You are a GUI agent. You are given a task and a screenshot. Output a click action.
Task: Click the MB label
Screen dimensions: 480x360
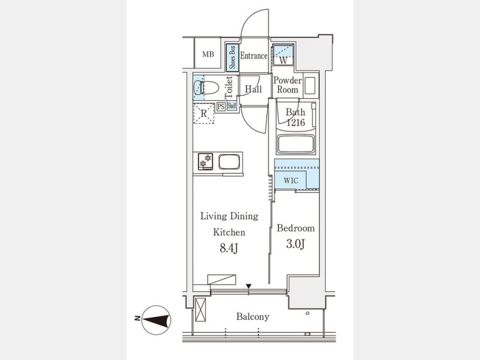tap(208, 54)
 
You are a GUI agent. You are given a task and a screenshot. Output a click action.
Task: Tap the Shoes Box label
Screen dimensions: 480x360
tap(233, 57)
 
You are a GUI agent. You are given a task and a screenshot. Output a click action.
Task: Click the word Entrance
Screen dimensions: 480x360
tap(253, 55)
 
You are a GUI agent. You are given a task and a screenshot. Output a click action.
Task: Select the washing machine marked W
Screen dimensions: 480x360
tap(284, 55)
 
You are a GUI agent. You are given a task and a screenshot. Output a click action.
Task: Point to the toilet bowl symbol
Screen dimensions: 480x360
tap(206, 88)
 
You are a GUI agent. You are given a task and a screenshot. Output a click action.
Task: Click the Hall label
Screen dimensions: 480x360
tap(253, 89)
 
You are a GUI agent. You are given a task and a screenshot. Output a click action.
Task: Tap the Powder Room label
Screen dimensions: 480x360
tap(287, 85)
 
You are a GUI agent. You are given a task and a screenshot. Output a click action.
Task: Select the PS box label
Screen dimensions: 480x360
tap(221, 107)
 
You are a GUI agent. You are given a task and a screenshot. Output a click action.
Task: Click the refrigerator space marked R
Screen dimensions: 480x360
tap(204, 113)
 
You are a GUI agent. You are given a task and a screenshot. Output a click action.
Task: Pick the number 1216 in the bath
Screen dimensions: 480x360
tap(295, 123)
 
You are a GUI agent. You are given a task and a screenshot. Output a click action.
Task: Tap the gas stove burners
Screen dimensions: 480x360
tap(205, 161)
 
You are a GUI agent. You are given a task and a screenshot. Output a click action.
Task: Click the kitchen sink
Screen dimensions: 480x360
tap(229, 162)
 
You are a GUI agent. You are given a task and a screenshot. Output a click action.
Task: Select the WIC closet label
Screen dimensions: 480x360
tap(291, 181)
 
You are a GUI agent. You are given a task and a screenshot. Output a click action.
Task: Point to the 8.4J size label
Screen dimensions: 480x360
tap(229, 248)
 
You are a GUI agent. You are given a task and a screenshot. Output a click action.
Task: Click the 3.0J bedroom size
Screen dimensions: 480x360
tap(295, 244)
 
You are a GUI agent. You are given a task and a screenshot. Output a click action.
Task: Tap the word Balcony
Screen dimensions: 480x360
tap(253, 316)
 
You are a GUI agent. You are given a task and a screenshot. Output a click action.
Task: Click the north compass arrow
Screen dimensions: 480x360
tap(157, 320)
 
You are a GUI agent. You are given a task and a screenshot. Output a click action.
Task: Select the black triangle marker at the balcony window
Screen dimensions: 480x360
tap(249, 286)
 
